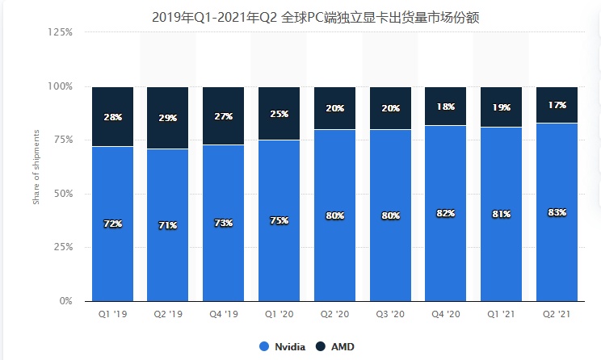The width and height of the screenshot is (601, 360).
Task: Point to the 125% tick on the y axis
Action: [x=61, y=32]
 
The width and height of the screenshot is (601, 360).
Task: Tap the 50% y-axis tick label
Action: [x=64, y=194]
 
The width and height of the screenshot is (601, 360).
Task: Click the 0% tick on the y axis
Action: [x=66, y=301]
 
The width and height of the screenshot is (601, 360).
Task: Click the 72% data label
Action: [x=112, y=223]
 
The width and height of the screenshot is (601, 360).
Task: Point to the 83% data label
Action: [x=557, y=212]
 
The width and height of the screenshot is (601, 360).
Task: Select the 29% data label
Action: [x=168, y=118]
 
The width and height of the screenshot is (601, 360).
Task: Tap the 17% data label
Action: [x=557, y=105]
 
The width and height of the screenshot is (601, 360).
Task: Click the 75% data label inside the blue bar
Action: [x=279, y=221]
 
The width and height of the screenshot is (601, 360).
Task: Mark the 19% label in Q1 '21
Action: [x=502, y=107]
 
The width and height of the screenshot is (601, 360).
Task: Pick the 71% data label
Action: [x=168, y=225]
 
